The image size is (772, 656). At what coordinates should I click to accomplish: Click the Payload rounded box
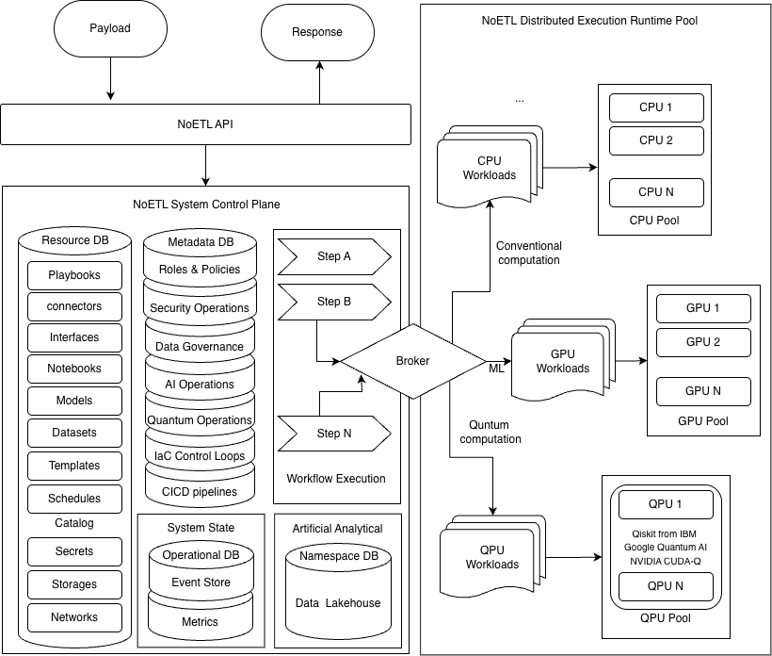(110, 29)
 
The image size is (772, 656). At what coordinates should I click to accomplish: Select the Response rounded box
(317, 33)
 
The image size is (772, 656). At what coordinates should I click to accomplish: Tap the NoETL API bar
(205, 123)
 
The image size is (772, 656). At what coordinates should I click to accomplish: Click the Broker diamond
(412, 361)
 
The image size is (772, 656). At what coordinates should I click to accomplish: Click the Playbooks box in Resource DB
(74, 275)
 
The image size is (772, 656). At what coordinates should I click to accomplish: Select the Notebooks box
(74, 369)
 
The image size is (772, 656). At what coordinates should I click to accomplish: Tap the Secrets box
(74, 551)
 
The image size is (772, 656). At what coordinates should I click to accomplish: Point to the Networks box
(74, 617)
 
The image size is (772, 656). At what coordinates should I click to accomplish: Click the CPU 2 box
(656, 140)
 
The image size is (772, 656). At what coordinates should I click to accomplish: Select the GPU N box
(703, 391)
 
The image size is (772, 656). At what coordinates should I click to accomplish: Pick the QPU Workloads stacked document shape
(491, 556)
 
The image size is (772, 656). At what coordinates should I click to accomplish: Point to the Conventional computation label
(528, 253)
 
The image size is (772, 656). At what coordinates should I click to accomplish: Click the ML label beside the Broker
(496, 368)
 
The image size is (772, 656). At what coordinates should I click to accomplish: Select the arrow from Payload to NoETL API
(110, 79)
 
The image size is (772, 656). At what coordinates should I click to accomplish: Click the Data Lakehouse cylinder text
(337, 602)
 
